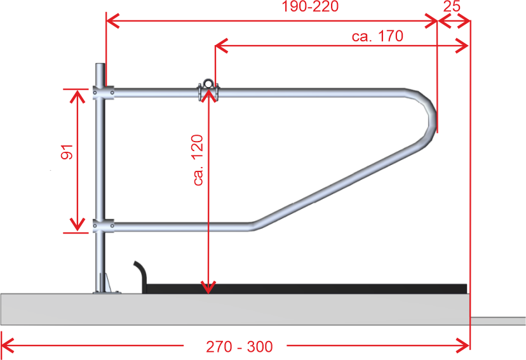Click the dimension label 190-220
point(310,6)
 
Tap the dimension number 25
point(452,6)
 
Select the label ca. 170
point(377,36)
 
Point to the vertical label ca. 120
point(198,160)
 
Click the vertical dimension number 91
point(67,152)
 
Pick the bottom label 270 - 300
point(239,347)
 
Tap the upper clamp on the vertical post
point(104,92)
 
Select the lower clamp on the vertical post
point(104,225)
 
